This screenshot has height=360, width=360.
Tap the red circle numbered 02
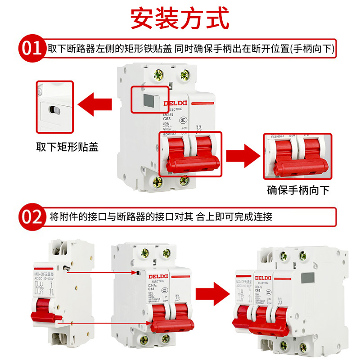tap(31, 217)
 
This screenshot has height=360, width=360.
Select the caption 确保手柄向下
tap(298, 189)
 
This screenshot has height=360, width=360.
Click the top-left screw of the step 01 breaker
tap(158, 74)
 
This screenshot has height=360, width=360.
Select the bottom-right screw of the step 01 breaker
tap(184, 181)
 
